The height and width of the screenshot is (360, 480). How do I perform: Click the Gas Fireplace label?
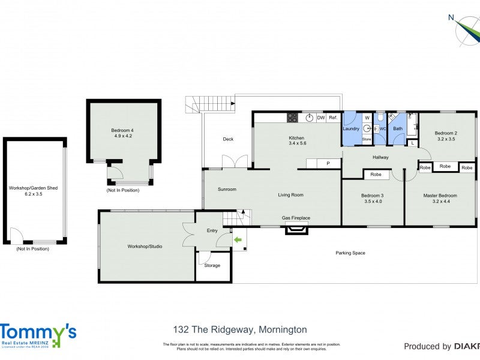[x=296, y=218]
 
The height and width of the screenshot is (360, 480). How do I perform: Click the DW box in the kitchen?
[x=321, y=118]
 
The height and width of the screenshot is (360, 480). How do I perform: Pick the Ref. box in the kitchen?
[x=333, y=118]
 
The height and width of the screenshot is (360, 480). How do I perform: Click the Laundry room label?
[x=350, y=128]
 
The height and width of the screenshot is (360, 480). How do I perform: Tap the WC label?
[x=382, y=128]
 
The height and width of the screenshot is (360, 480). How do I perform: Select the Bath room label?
[x=398, y=128]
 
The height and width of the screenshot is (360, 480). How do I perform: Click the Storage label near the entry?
[x=212, y=265]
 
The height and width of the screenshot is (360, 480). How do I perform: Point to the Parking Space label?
[x=350, y=253]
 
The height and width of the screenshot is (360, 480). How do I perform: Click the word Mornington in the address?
[x=282, y=329]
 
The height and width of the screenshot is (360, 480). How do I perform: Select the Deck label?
[x=228, y=139]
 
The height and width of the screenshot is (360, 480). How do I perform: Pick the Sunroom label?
[x=227, y=190]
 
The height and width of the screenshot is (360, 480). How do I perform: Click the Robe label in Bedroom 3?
[x=376, y=175]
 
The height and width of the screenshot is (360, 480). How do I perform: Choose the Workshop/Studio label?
[x=145, y=246]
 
